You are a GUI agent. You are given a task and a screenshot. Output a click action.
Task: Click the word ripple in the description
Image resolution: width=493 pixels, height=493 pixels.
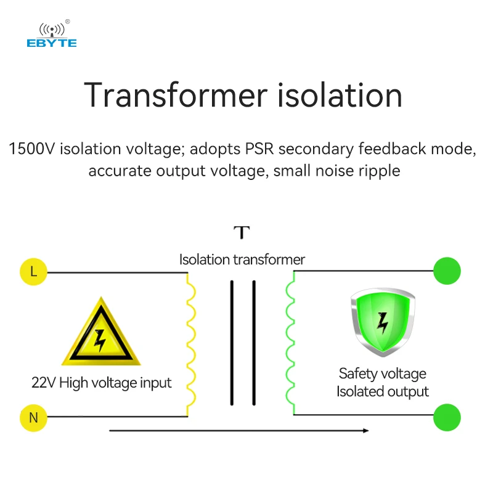coord(379,170)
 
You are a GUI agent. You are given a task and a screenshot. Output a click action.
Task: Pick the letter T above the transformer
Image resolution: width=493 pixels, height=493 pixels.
coord(242,233)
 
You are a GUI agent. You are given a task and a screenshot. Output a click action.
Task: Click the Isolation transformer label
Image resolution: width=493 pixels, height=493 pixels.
coord(242,259)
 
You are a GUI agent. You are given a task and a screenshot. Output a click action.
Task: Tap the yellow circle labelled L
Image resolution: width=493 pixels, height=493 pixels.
coord(33,271)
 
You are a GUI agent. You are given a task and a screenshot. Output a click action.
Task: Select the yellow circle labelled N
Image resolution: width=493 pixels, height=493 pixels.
coord(33,417)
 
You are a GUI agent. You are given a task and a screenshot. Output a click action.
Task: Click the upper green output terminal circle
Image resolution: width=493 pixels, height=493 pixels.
coord(447,271)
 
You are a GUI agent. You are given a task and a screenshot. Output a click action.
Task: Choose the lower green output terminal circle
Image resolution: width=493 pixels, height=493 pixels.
coord(447,417)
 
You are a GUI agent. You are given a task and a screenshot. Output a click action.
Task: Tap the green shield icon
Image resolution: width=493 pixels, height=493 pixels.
coord(382,320)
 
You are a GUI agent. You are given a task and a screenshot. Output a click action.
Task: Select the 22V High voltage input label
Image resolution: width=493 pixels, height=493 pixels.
coord(102,383)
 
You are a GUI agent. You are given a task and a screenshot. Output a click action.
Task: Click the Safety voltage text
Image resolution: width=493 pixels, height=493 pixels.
coord(382,373)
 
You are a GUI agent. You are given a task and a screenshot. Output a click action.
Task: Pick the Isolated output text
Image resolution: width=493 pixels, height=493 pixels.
coord(382,391)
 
